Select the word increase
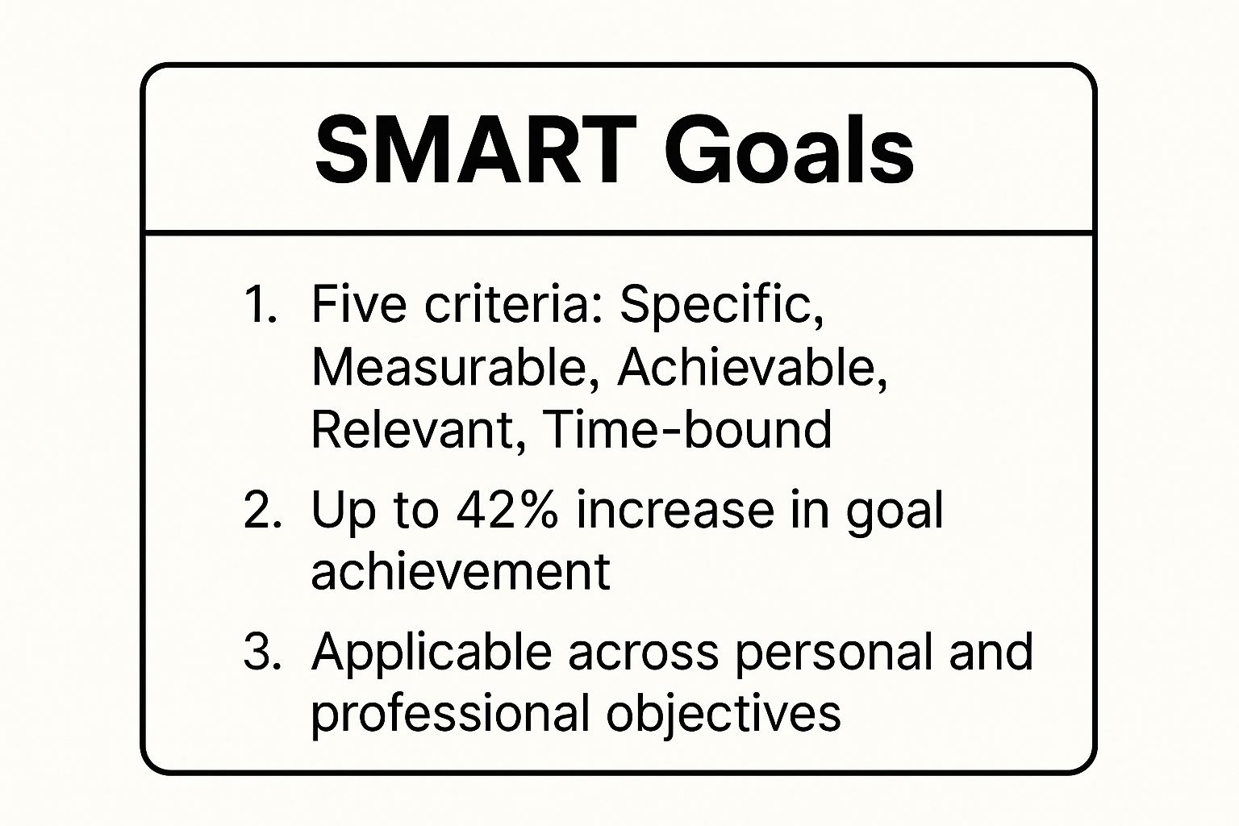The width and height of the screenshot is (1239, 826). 674,510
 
